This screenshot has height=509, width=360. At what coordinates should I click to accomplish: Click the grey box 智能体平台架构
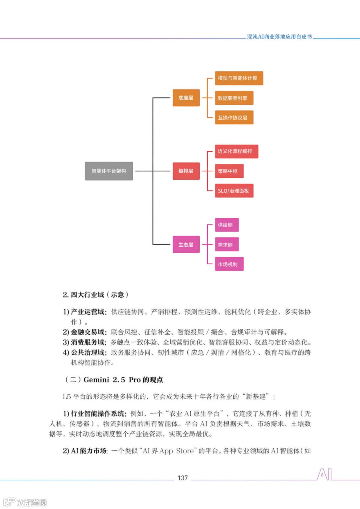(109, 171)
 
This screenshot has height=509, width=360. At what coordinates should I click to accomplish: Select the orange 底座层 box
(186, 98)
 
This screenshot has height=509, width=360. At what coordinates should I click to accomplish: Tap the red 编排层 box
(186, 171)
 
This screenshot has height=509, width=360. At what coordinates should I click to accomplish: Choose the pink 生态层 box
(186, 245)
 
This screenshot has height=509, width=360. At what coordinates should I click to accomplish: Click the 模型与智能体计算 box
(239, 78)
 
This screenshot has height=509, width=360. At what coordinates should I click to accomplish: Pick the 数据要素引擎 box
(234, 98)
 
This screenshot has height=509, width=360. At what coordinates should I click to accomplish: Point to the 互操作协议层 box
(234, 117)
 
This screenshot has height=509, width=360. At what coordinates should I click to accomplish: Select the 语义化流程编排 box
(236, 151)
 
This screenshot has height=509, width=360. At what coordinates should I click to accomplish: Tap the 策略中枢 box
(229, 171)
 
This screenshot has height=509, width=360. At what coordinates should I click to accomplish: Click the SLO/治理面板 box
(234, 191)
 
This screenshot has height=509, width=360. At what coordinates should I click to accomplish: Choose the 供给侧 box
(227, 225)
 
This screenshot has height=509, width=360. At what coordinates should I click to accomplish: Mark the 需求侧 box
(227, 245)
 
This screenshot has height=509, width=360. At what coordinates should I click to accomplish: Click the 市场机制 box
(229, 264)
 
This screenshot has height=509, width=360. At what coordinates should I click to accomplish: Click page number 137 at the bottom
(183, 478)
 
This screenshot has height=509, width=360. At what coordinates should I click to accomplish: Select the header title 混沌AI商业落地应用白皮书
(279, 37)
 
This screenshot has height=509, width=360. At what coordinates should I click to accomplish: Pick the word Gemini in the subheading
(96, 380)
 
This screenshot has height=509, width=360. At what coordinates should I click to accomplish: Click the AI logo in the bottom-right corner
(324, 474)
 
